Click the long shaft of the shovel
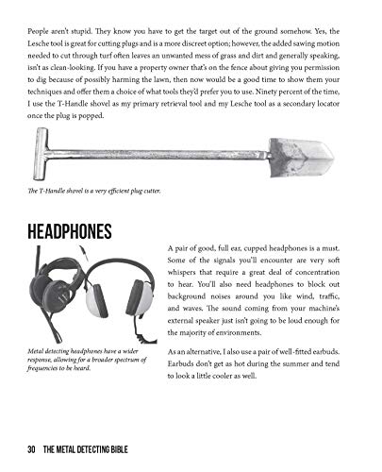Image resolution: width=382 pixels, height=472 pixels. click(x=160, y=153)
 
